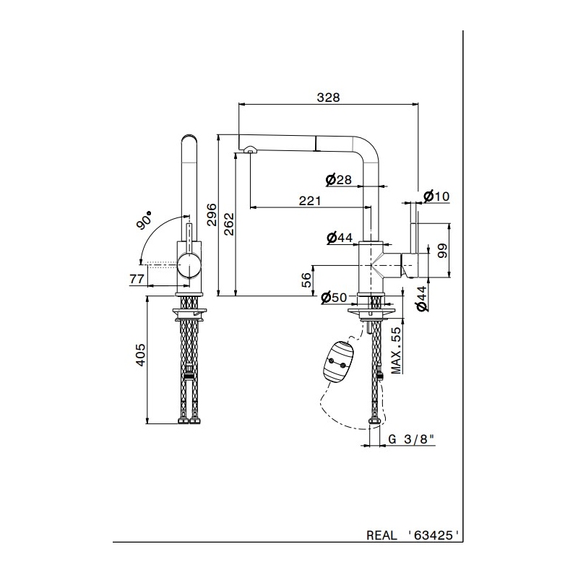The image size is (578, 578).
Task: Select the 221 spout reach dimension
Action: pos(309,202)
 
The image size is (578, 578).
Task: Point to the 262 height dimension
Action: pos(229,224)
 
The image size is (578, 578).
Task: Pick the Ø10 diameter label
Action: pos(436,196)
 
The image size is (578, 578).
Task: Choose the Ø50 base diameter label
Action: pos(335,298)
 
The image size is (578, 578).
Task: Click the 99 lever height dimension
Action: pos(443,250)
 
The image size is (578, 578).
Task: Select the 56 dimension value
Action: pos(306,279)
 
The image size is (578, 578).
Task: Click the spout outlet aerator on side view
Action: pos(250,149)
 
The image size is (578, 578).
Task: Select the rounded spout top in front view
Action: pos(189,139)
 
